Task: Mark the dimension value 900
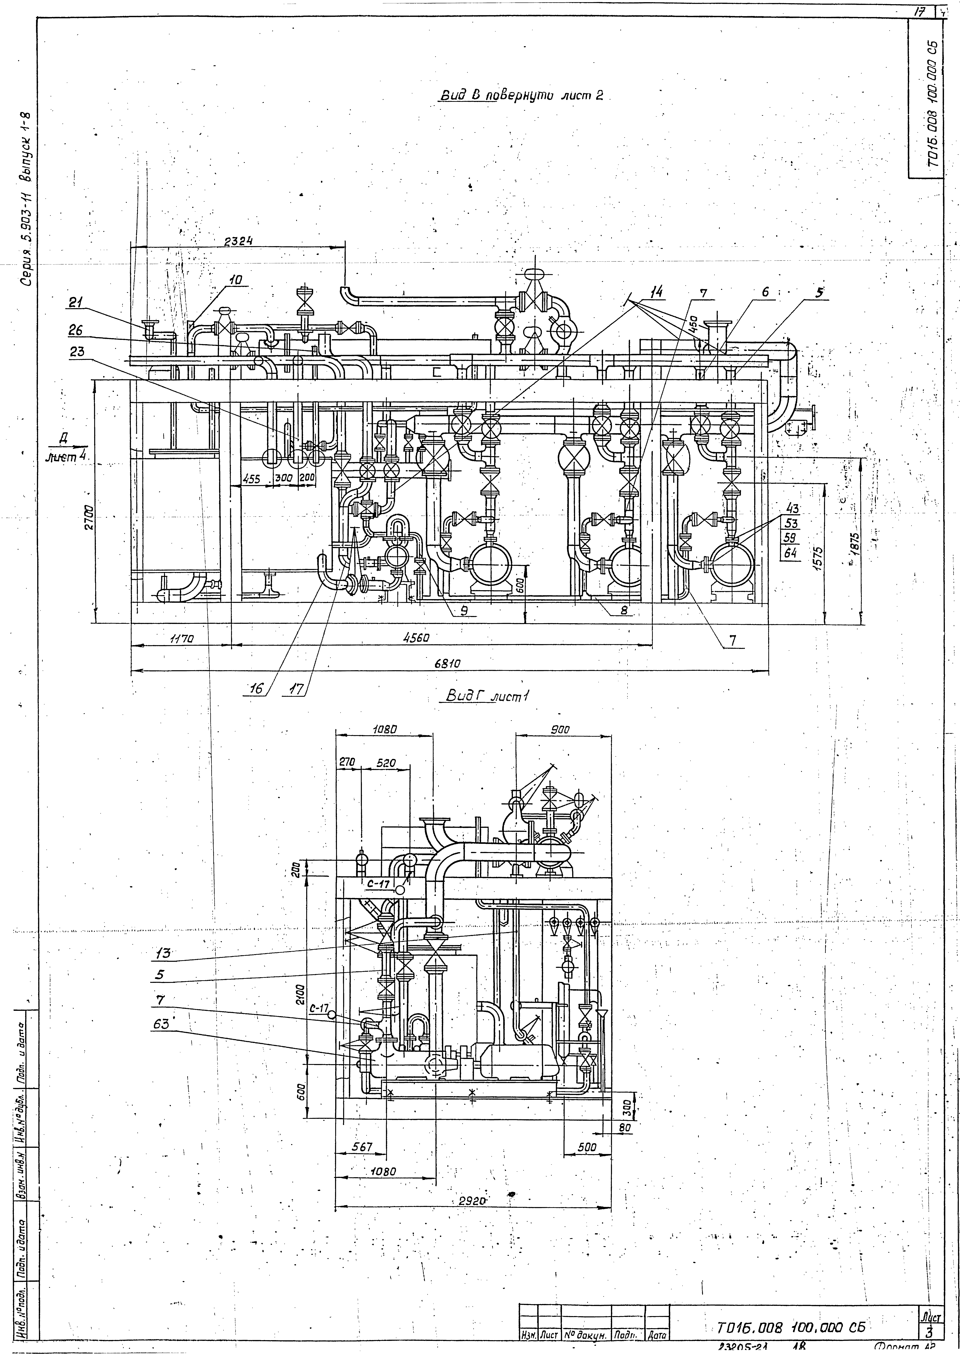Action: click(559, 730)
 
